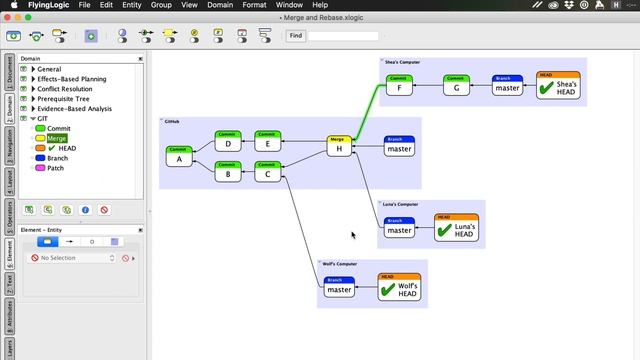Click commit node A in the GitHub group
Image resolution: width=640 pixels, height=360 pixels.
tap(180, 157)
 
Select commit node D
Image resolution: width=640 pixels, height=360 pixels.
tap(229, 141)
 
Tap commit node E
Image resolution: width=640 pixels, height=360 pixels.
tap(268, 141)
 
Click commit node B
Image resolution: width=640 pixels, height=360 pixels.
tap(229, 172)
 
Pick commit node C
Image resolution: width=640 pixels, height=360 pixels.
tap(268, 172)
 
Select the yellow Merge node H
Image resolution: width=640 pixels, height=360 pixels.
tap(340, 147)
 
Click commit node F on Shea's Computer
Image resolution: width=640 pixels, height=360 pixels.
tap(400, 86)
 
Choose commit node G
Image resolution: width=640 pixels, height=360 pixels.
tap(457, 86)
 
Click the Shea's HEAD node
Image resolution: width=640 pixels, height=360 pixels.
tap(558, 87)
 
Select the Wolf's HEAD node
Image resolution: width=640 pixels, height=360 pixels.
tap(399, 288)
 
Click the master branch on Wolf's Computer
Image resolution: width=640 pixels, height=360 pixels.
tap(340, 288)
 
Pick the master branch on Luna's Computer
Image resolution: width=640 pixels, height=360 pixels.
tap(399, 229)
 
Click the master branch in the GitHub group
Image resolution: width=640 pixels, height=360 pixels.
tap(400, 147)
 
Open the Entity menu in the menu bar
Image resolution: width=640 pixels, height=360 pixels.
tap(132, 5)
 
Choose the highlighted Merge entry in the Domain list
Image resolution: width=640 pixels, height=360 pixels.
tap(56, 138)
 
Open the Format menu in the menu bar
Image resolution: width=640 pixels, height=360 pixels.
tap(254, 5)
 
